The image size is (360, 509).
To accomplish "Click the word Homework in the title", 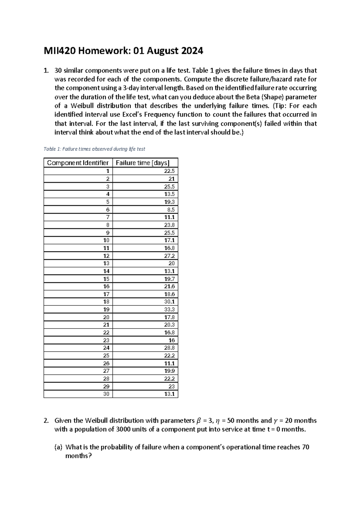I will pyautogui.click(x=103, y=51).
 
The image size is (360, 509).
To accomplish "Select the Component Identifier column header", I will pyautogui.click(x=78, y=163).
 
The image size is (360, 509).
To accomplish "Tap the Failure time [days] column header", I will pyautogui.click(x=142, y=163).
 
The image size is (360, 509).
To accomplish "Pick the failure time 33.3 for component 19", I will pyautogui.click(x=169, y=309).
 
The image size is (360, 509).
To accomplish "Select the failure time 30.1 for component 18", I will pyautogui.click(x=169, y=302).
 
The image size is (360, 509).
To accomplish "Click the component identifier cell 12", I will pyautogui.click(x=106, y=256).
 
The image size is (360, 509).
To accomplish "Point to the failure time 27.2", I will pyautogui.click(x=169, y=256).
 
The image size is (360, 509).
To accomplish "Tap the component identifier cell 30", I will pyautogui.click(x=106, y=394).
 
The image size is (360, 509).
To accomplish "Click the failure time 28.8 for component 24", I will pyautogui.click(x=169, y=348).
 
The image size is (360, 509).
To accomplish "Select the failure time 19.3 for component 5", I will pyautogui.click(x=169, y=202).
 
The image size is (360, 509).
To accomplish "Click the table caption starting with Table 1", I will pyautogui.click(x=94, y=149).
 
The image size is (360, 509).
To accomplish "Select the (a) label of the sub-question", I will pyautogui.click(x=58, y=447).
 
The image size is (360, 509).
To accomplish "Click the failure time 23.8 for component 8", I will pyautogui.click(x=169, y=225).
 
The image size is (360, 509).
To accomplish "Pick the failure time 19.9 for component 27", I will pyautogui.click(x=169, y=371).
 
